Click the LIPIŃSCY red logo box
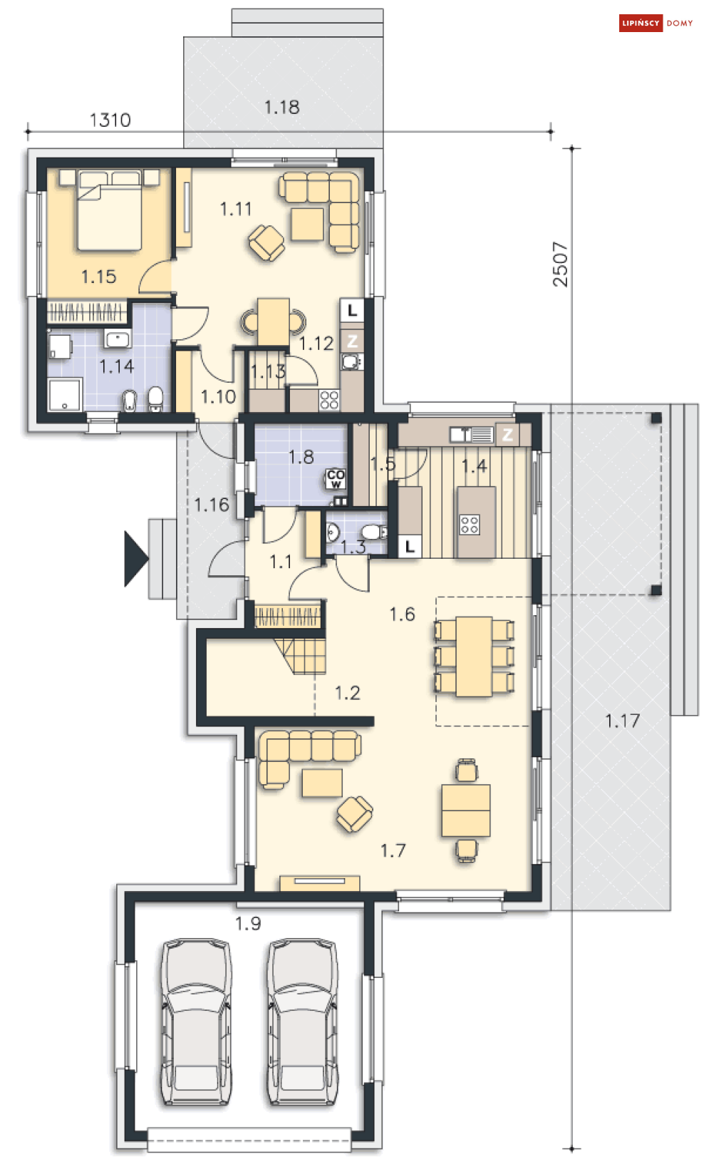[641, 23]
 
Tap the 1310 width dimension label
[110, 120]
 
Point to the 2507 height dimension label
[560, 264]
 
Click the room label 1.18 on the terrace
[282, 108]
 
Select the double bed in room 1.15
[109, 209]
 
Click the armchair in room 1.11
[266, 242]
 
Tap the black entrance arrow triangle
[135, 559]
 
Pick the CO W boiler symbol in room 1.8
[336, 478]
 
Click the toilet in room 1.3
[373, 532]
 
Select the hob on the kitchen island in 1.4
[469, 525]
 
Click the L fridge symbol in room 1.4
[410, 547]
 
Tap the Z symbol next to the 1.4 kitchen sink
[507, 435]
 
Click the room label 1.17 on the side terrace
[623, 721]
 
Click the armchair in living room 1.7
[355, 814]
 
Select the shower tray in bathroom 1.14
[65, 395]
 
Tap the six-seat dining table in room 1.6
[474, 656]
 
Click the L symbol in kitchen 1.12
[352, 310]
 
